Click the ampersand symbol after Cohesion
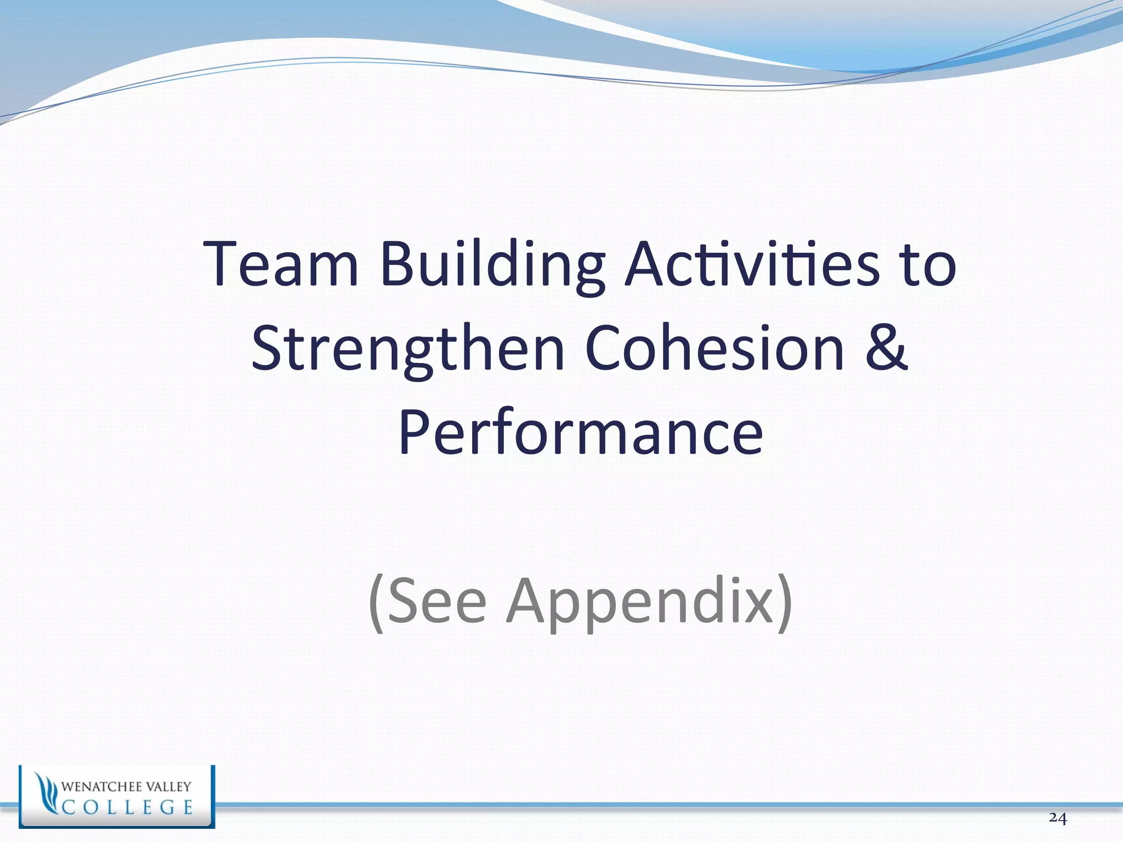pyautogui.click(x=886, y=348)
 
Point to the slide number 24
pyautogui.click(x=1058, y=818)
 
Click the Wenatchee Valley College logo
pyautogui.click(x=117, y=796)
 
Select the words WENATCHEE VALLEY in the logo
pyautogui.click(x=126, y=787)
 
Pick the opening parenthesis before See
pyautogui.click(x=376, y=604)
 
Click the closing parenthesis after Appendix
pyautogui.click(x=785, y=604)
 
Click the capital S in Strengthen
pyautogui.click(x=269, y=348)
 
